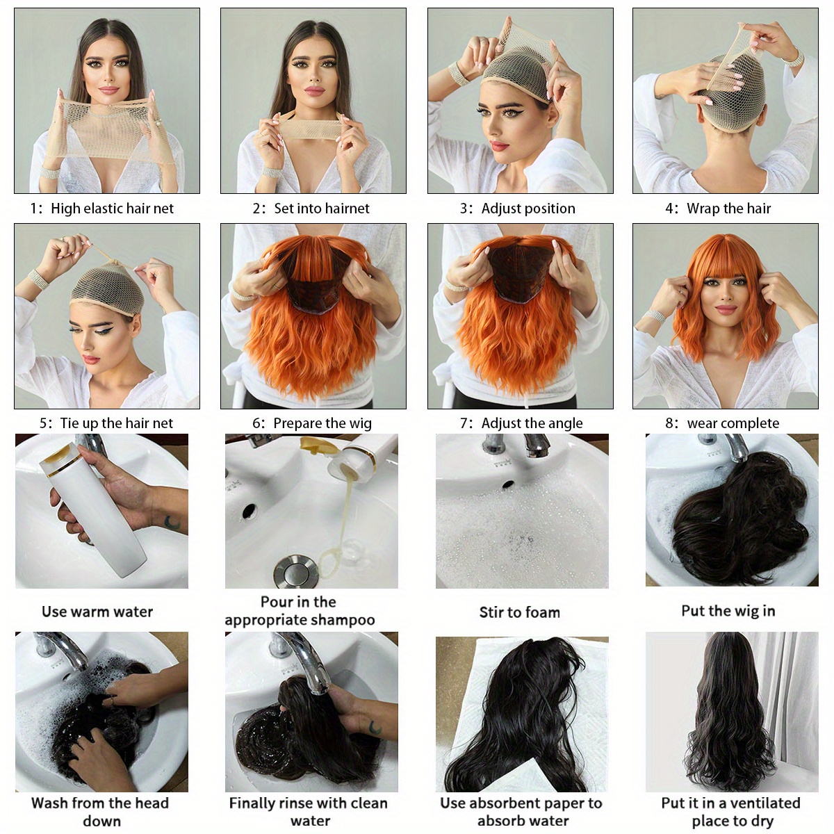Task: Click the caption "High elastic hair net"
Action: pyautogui.click(x=112, y=208)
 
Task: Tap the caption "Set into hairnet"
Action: pyautogui.click(x=321, y=208)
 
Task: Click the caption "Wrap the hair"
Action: pyautogui.click(x=728, y=208)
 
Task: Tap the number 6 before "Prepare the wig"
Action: pyautogui.click(x=256, y=423)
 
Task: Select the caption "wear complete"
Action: pyautogui.click(x=733, y=423)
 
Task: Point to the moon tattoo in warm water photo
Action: pyautogui.click(x=171, y=522)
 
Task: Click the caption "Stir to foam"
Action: pyautogui.click(x=519, y=612)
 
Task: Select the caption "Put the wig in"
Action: pyautogui.click(x=728, y=611)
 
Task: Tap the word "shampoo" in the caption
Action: pyautogui.click(x=342, y=620)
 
